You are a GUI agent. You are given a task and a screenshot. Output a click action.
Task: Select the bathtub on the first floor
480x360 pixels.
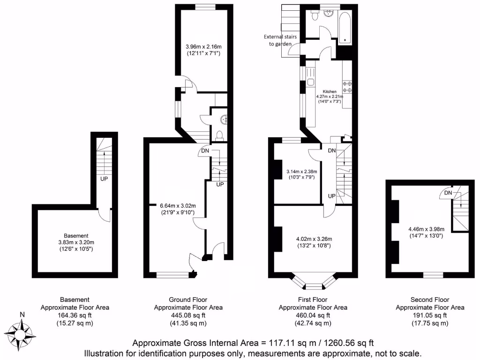[346, 28]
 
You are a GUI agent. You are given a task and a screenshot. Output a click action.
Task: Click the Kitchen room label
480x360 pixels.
[329, 91]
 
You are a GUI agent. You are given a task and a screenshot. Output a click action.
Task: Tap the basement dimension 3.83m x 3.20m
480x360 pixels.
[76, 242]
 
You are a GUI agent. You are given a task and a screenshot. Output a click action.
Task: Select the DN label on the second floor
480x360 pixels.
[448, 193]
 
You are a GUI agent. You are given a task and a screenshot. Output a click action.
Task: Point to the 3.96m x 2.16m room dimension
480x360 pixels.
[203, 46]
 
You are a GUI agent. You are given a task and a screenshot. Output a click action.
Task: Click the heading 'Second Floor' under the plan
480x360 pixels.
[429, 300]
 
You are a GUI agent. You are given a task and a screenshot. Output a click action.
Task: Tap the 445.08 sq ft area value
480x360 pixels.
[188, 315]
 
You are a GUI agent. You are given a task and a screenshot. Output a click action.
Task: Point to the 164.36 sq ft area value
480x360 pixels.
[75, 315]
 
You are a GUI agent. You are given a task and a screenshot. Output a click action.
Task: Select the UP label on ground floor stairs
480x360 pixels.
[219, 184]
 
